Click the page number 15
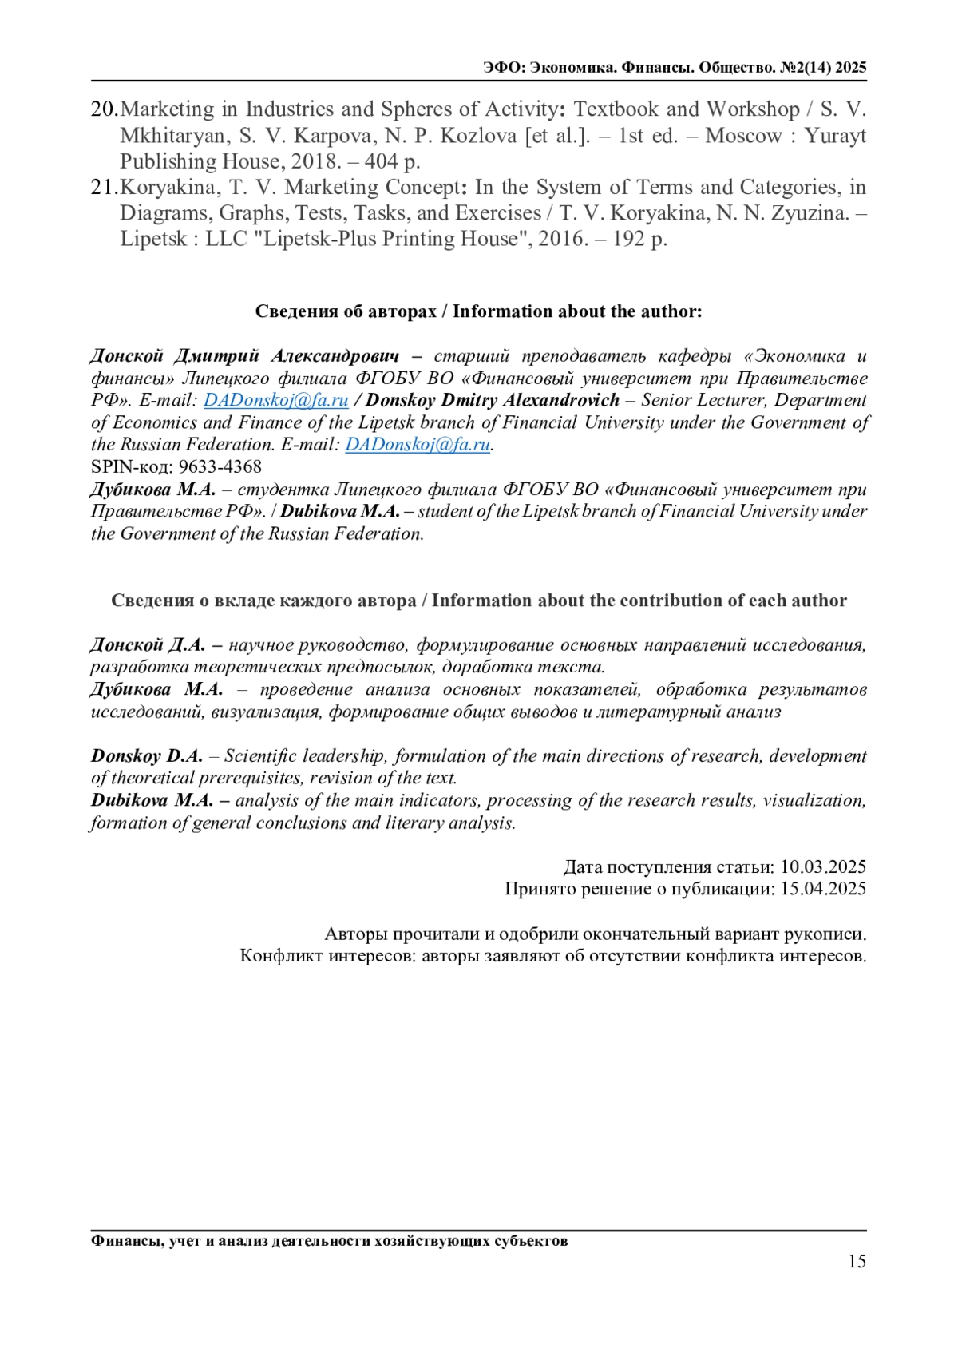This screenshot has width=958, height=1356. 857,1262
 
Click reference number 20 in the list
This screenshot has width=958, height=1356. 104,109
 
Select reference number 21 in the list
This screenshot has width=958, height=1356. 104,188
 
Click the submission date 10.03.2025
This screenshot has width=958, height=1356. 822,867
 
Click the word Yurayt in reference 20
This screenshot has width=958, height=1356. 835,136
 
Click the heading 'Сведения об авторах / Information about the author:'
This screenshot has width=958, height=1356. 478,311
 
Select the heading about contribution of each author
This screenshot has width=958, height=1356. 478,601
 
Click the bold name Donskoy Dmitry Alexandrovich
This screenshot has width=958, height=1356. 492,400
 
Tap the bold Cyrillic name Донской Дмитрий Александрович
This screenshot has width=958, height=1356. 244,356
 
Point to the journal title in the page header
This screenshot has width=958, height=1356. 675,68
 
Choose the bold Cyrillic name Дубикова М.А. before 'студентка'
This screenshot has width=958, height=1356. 152,490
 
